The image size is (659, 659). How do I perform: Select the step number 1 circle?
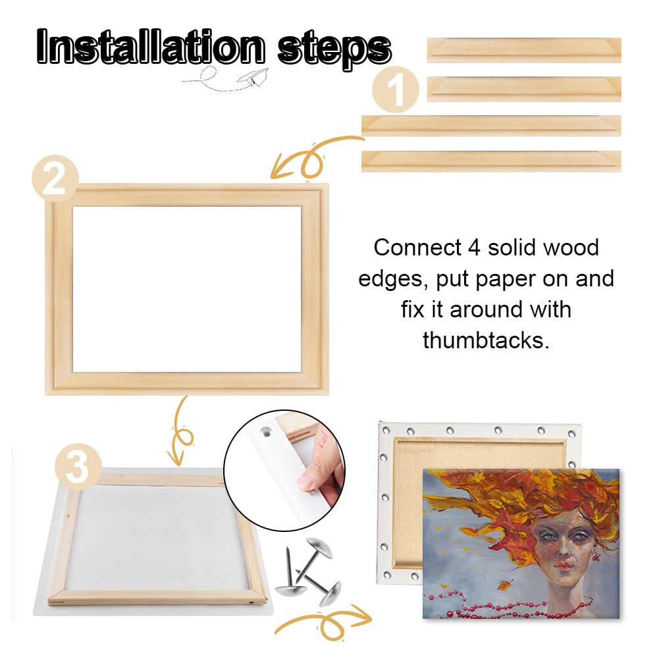point(396,91)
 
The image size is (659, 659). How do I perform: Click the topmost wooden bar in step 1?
point(523,50)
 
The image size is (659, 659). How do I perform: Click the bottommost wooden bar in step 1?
point(491,161)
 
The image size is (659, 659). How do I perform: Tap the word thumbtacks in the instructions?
point(486,340)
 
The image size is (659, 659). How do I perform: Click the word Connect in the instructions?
point(416,248)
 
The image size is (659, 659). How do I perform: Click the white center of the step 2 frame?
point(187,288)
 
